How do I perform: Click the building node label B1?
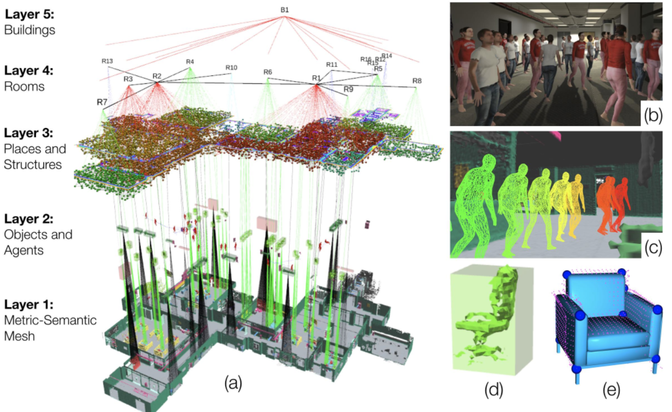[x=285, y=9]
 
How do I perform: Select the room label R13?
[x=107, y=61]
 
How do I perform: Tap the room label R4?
[x=190, y=62]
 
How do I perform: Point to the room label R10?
[x=231, y=67]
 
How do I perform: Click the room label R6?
[x=268, y=72]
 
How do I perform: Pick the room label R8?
[x=417, y=81]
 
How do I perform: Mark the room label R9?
[x=348, y=90]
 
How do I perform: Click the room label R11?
[x=332, y=64]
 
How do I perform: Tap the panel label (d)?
[x=493, y=390]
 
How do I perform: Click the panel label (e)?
[x=611, y=390]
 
